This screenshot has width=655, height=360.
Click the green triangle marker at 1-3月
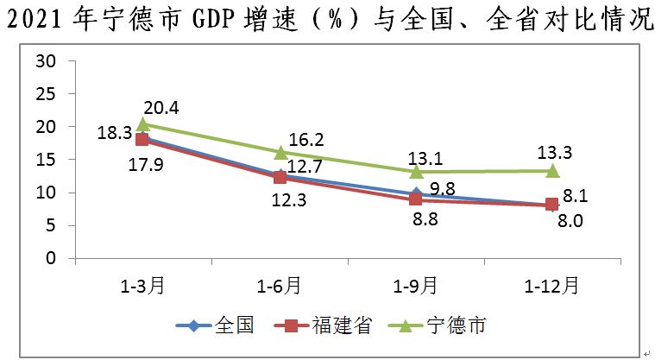pos(143,125)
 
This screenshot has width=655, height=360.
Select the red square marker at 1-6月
pos(280,177)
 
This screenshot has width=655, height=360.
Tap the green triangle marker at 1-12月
pos(552,171)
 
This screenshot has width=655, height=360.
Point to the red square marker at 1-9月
pos(416,199)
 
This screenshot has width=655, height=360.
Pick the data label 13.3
pos(553,153)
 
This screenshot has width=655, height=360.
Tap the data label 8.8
pos(424,219)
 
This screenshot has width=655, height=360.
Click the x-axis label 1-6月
pos(280,284)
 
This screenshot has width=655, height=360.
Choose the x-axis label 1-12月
pos(552,284)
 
